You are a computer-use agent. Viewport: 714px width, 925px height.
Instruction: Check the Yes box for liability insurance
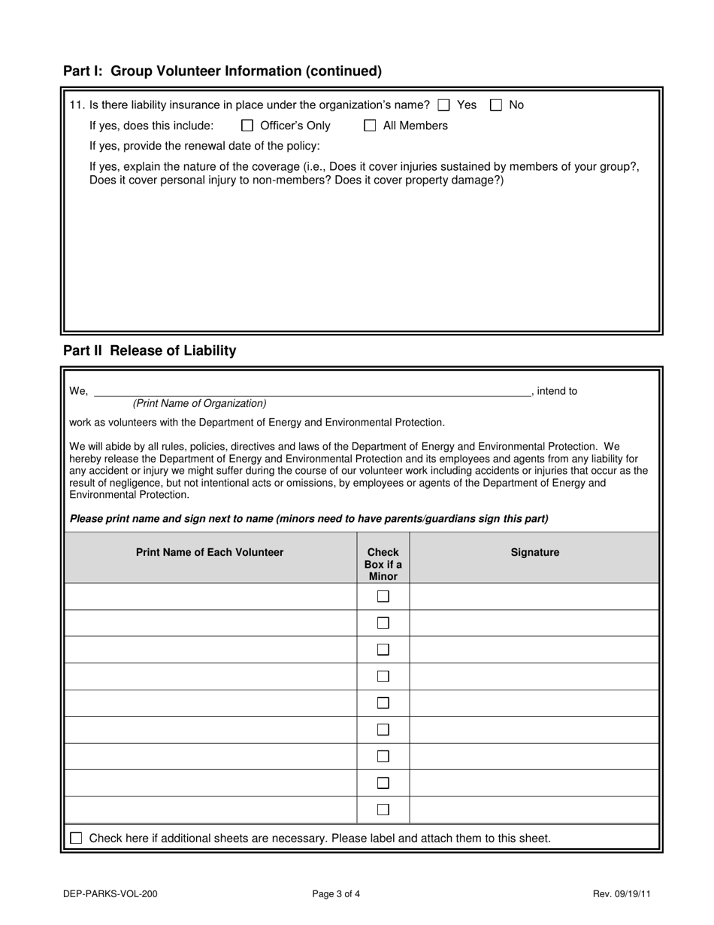coord(444,105)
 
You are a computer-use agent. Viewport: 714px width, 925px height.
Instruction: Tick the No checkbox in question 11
coord(496,105)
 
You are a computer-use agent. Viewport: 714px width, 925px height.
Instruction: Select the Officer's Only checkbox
coord(247,126)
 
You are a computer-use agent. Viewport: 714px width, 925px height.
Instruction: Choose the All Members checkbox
coord(370,126)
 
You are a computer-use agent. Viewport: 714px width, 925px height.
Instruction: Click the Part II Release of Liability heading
coord(150,350)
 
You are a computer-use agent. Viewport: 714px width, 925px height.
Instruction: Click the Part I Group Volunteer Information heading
coord(222,71)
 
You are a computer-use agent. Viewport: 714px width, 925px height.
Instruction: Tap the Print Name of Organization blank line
coord(312,390)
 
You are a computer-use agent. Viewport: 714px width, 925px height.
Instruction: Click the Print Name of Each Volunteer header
coord(210,552)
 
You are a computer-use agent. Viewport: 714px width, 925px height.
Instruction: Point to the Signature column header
coord(534,552)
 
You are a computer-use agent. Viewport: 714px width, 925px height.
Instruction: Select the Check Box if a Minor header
coord(383,564)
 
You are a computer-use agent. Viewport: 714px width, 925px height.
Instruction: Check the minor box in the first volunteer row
coord(383,596)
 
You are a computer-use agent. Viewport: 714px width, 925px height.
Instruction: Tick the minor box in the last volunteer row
coord(383,810)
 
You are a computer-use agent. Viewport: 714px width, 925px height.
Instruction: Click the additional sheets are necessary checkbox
coord(76,838)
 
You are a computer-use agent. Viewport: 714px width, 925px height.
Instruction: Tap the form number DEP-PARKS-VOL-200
coord(110,894)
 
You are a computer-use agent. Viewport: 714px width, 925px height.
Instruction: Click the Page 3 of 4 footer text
coord(336,894)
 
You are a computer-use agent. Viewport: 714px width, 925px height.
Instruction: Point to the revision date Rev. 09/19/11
coord(622,894)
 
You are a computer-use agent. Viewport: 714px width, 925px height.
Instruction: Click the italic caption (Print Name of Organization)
coord(199,403)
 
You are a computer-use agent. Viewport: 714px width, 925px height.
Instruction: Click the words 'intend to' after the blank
coord(557,391)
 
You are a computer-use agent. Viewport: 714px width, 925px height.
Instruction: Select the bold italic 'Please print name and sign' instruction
coord(309,518)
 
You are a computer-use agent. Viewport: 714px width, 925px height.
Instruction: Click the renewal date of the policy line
coord(204,146)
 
